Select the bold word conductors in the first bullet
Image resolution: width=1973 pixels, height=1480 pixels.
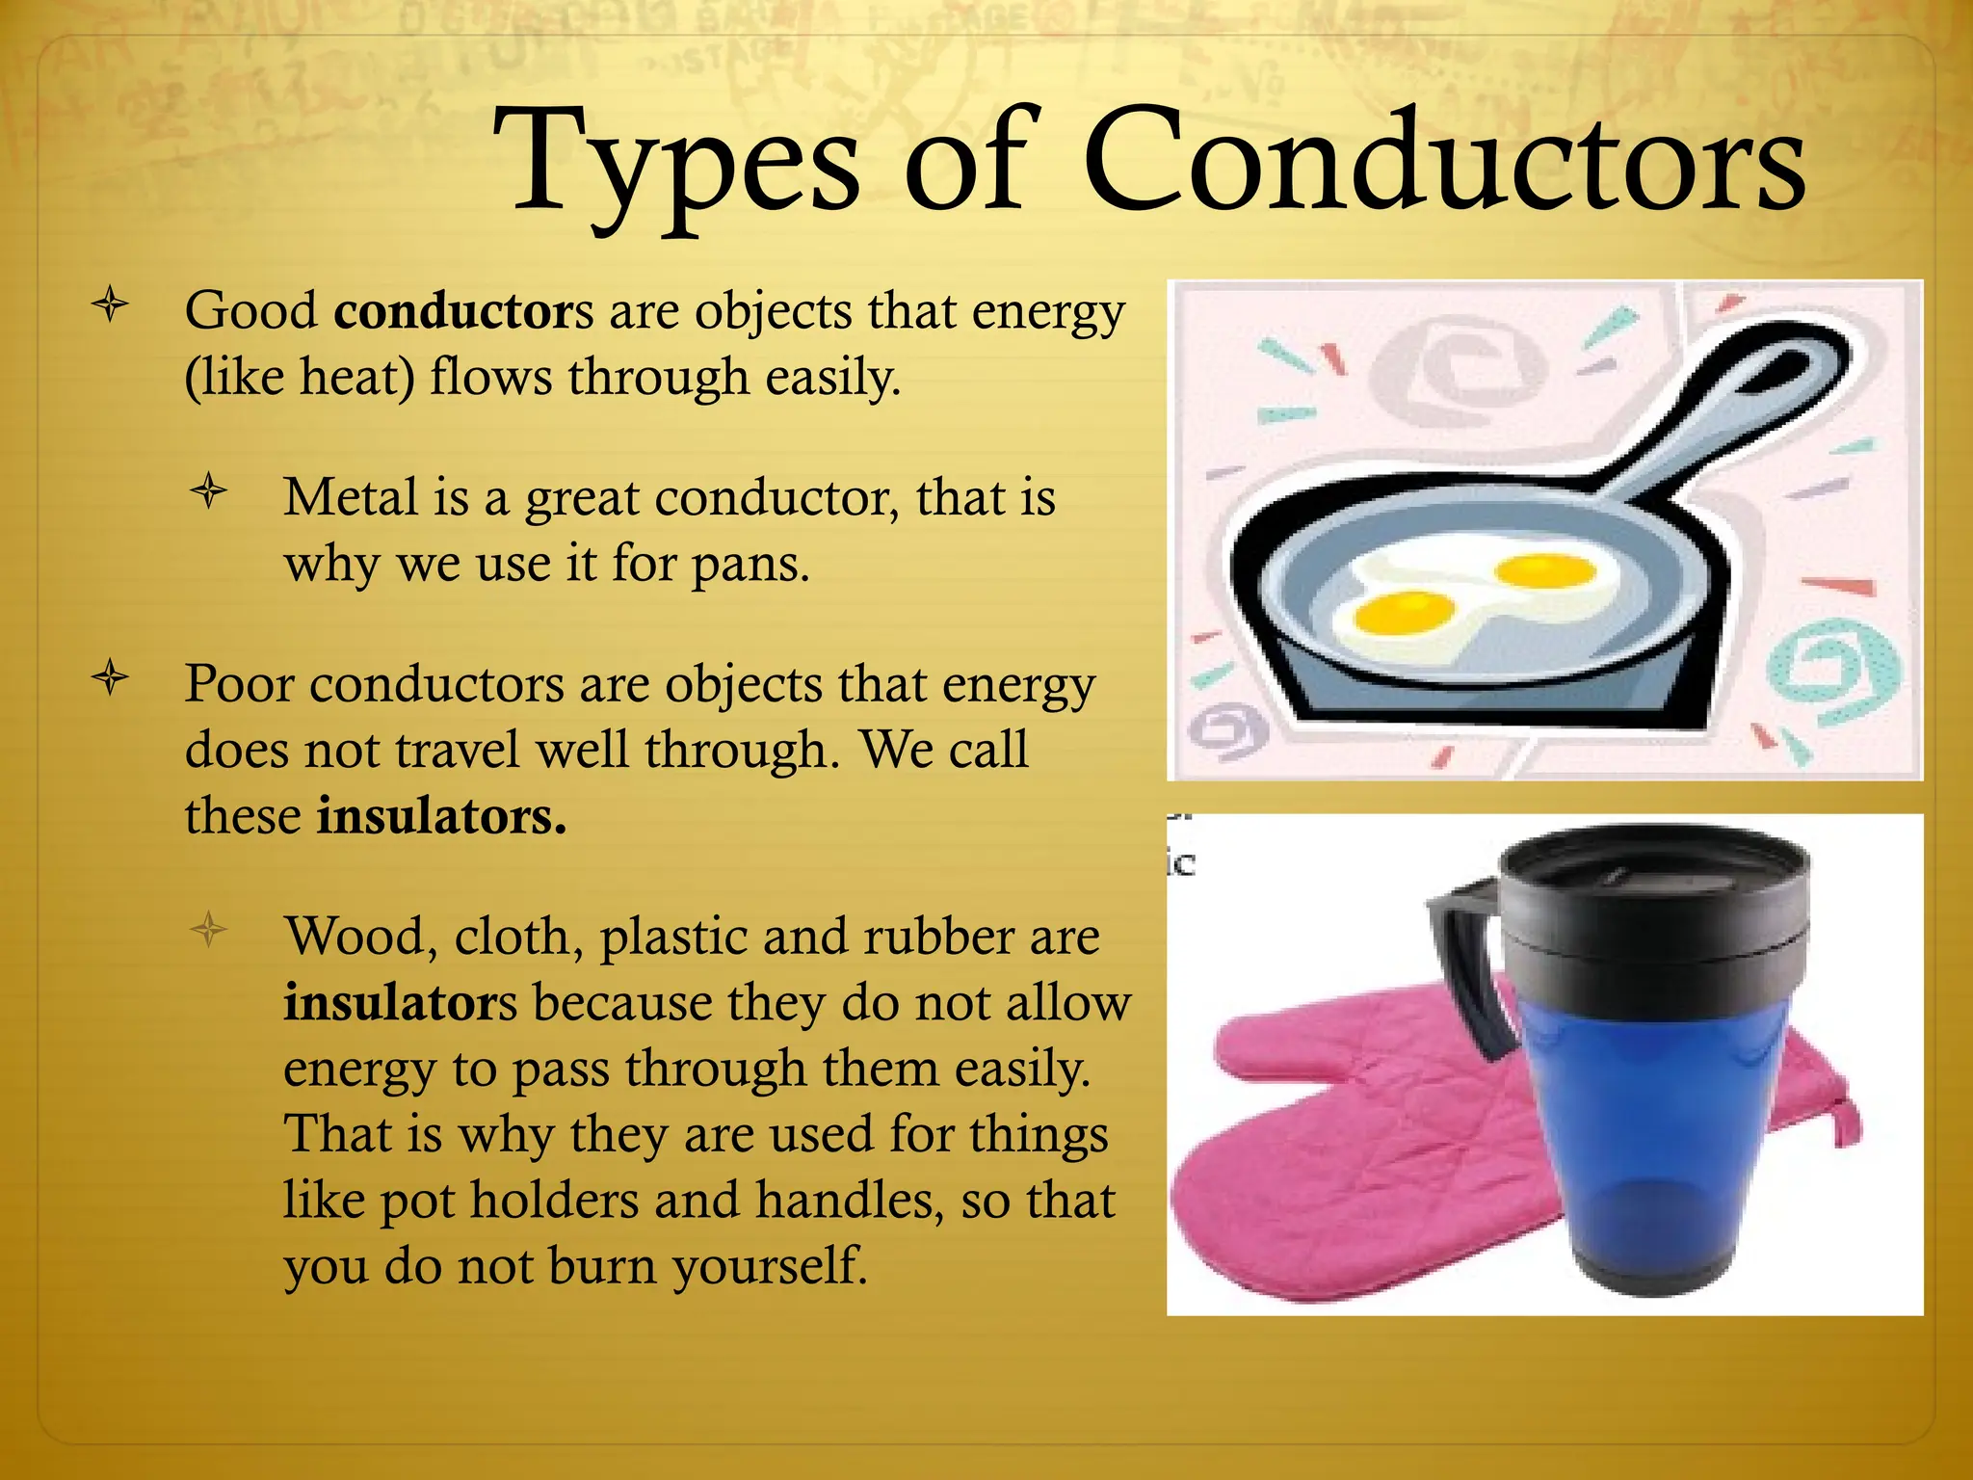463,311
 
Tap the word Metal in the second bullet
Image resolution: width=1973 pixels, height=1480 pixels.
350,498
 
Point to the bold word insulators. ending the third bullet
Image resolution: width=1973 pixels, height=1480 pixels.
441,816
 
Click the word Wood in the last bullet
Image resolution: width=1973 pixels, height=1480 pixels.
354,936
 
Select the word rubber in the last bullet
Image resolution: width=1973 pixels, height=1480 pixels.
939,936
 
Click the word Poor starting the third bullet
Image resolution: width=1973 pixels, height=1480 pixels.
238,684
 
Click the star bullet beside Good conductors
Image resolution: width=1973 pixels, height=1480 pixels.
111,305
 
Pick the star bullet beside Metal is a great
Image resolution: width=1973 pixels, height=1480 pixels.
208,492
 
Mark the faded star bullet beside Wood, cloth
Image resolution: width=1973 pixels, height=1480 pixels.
208,930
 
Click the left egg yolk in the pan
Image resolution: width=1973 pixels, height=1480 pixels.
1405,611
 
